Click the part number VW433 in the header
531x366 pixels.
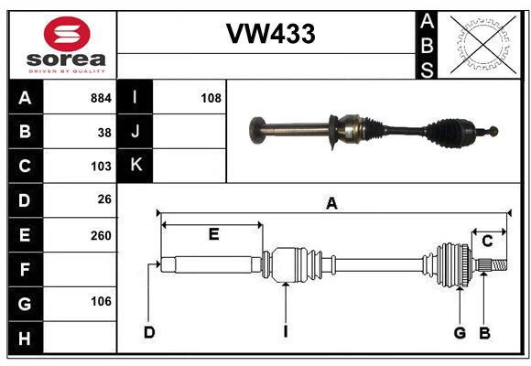(x=270, y=35)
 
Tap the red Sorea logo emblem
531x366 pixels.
(x=67, y=36)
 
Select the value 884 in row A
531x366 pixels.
(x=101, y=97)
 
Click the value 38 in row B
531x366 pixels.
(x=105, y=132)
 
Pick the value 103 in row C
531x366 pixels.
(x=101, y=167)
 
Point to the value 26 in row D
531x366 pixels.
(x=104, y=200)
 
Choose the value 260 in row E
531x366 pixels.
(x=101, y=235)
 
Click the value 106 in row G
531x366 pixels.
(x=101, y=301)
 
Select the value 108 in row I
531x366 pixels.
(x=211, y=97)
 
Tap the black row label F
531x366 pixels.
(x=25, y=270)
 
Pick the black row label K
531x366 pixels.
(x=135, y=166)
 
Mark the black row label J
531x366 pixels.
(x=135, y=132)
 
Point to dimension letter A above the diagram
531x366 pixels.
(x=331, y=204)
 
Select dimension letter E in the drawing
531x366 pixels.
(x=213, y=234)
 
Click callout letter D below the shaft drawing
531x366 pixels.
(x=148, y=332)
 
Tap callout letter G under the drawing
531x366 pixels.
(x=460, y=332)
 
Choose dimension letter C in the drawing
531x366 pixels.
(x=488, y=242)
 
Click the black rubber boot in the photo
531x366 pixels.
(x=454, y=133)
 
